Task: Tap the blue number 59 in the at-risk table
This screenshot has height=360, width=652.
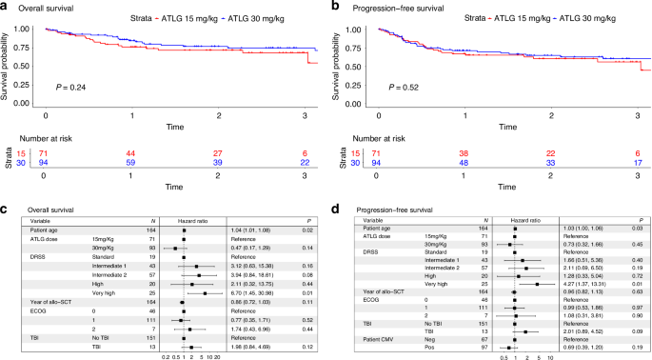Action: tap(132, 162)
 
